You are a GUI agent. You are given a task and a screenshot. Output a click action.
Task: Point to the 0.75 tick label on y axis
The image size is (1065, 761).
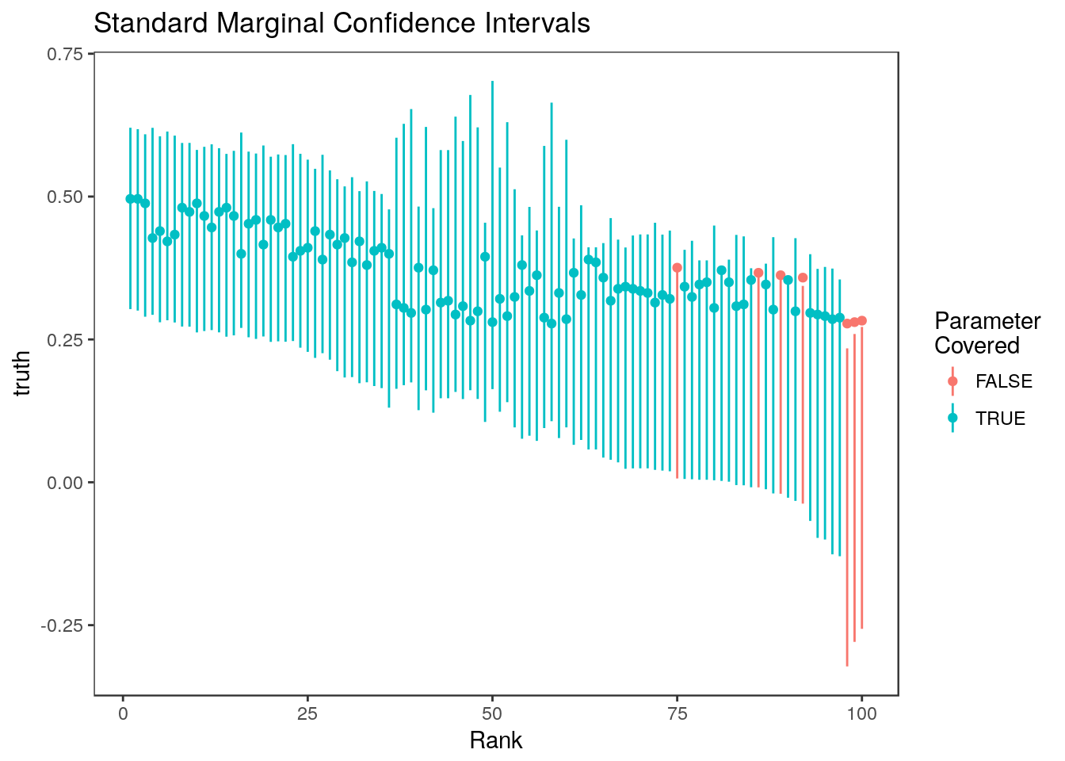(x=67, y=54)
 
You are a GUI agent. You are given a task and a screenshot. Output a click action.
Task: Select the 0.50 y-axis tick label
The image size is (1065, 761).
(x=67, y=197)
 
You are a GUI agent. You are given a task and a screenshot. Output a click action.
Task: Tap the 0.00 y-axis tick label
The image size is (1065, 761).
(x=67, y=482)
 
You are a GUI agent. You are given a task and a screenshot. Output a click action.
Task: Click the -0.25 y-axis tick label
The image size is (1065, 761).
(x=63, y=625)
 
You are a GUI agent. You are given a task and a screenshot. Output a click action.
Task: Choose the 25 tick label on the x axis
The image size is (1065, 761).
(x=307, y=713)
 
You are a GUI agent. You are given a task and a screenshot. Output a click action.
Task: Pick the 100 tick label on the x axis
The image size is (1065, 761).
(x=861, y=713)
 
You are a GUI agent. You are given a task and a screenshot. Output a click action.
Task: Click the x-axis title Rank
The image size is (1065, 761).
(x=496, y=740)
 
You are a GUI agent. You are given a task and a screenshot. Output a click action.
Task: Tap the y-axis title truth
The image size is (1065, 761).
(x=23, y=373)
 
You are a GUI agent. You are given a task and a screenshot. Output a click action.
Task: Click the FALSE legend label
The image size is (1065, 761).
(x=1003, y=382)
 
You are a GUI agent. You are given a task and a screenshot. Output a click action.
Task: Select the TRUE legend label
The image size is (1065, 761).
(x=1000, y=419)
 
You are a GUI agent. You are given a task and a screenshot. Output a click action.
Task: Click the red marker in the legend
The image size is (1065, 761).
(x=952, y=381)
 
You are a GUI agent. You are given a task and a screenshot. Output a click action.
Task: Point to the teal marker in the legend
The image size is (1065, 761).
(x=952, y=418)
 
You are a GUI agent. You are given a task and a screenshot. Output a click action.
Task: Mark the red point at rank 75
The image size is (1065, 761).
(x=677, y=268)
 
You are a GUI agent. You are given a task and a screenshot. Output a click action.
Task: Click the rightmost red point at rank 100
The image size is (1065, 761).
(x=862, y=321)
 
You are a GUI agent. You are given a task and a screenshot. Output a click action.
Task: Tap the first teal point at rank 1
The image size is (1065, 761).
(x=130, y=199)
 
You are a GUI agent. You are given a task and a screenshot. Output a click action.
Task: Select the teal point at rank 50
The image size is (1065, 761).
(x=492, y=322)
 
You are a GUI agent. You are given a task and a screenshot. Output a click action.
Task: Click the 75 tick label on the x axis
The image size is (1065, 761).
(x=677, y=713)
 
